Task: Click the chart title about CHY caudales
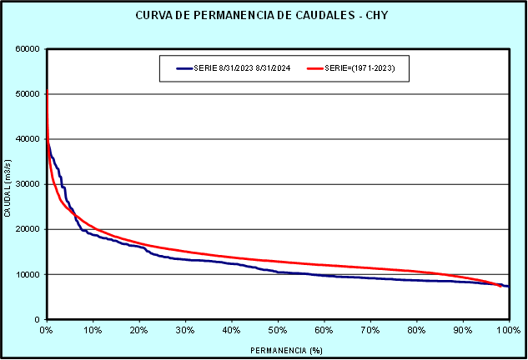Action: pyautogui.click(x=263, y=17)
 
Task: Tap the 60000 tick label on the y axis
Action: pyautogui.click(x=28, y=49)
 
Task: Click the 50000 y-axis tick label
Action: pyautogui.click(x=28, y=94)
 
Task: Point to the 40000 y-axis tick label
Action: pyautogui.click(x=28, y=139)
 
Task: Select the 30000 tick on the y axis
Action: pyautogui.click(x=28, y=184)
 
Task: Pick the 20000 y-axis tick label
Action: pyautogui.click(x=28, y=229)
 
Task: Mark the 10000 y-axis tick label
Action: pyautogui.click(x=28, y=274)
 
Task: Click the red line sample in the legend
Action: pyautogui.click(x=314, y=68)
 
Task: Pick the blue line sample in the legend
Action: pyautogui.click(x=184, y=68)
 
